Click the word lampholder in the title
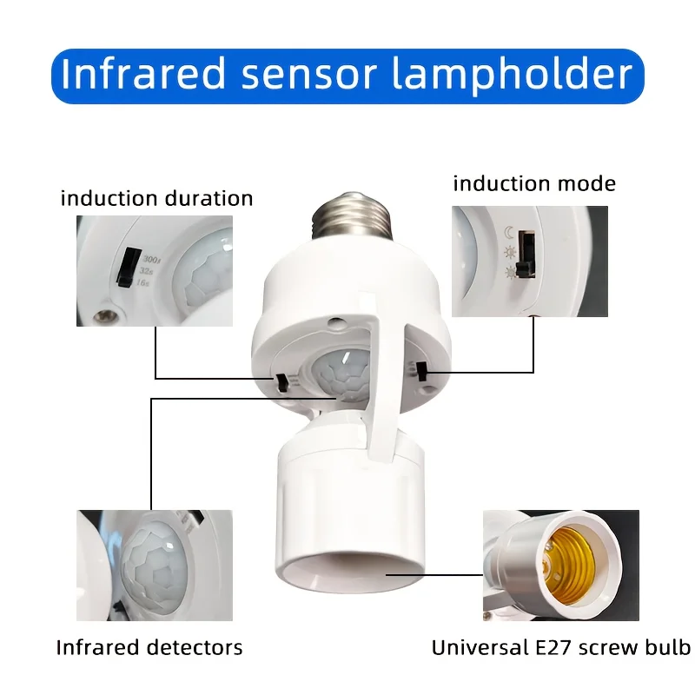[x=513, y=75]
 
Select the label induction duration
[x=156, y=198]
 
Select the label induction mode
[x=533, y=183]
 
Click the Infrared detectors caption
[x=149, y=647]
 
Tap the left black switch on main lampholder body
[x=283, y=383]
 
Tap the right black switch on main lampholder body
[x=420, y=373]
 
